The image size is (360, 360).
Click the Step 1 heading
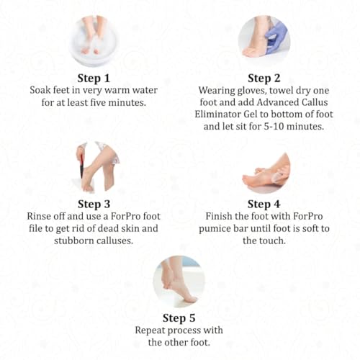point(94,78)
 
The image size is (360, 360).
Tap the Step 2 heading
point(264,78)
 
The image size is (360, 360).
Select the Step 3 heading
point(94,204)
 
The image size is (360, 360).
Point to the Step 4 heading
point(264,204)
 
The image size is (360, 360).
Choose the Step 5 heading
point(179,318)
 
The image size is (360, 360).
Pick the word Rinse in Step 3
point(39,216)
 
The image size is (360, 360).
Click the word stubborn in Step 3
point(73,240)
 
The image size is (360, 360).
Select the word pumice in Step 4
point(215,229)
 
